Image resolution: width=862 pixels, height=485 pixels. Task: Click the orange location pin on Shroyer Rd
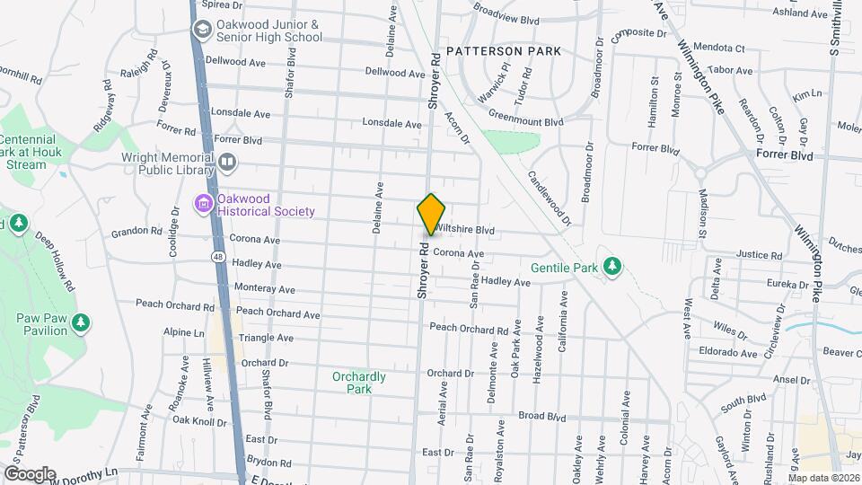pos(432,214)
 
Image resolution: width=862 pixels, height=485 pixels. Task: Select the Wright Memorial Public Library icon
pos(228,163)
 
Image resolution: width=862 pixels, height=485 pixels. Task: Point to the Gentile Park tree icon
pos(612,266)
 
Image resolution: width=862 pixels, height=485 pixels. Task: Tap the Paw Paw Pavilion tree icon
pos(81,322)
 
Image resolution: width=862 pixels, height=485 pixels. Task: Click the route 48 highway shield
pos(218,256)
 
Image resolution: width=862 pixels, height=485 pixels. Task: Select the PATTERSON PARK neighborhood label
pos(503,51)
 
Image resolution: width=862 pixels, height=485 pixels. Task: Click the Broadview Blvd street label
pos(506,18)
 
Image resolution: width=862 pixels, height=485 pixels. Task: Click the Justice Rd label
pos(759,256)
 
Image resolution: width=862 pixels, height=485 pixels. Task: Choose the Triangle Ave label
pos(267,338)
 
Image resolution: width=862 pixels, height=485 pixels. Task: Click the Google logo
pos(30,473)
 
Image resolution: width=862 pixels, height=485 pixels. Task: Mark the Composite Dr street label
pos(639,35)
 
